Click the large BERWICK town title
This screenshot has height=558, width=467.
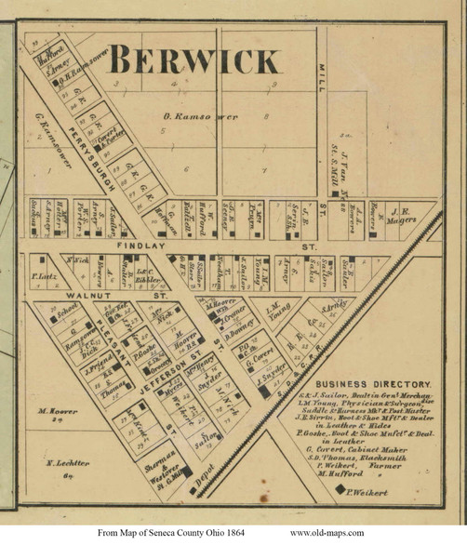tap(193, 62)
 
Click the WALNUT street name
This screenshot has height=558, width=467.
tap(58, 294)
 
